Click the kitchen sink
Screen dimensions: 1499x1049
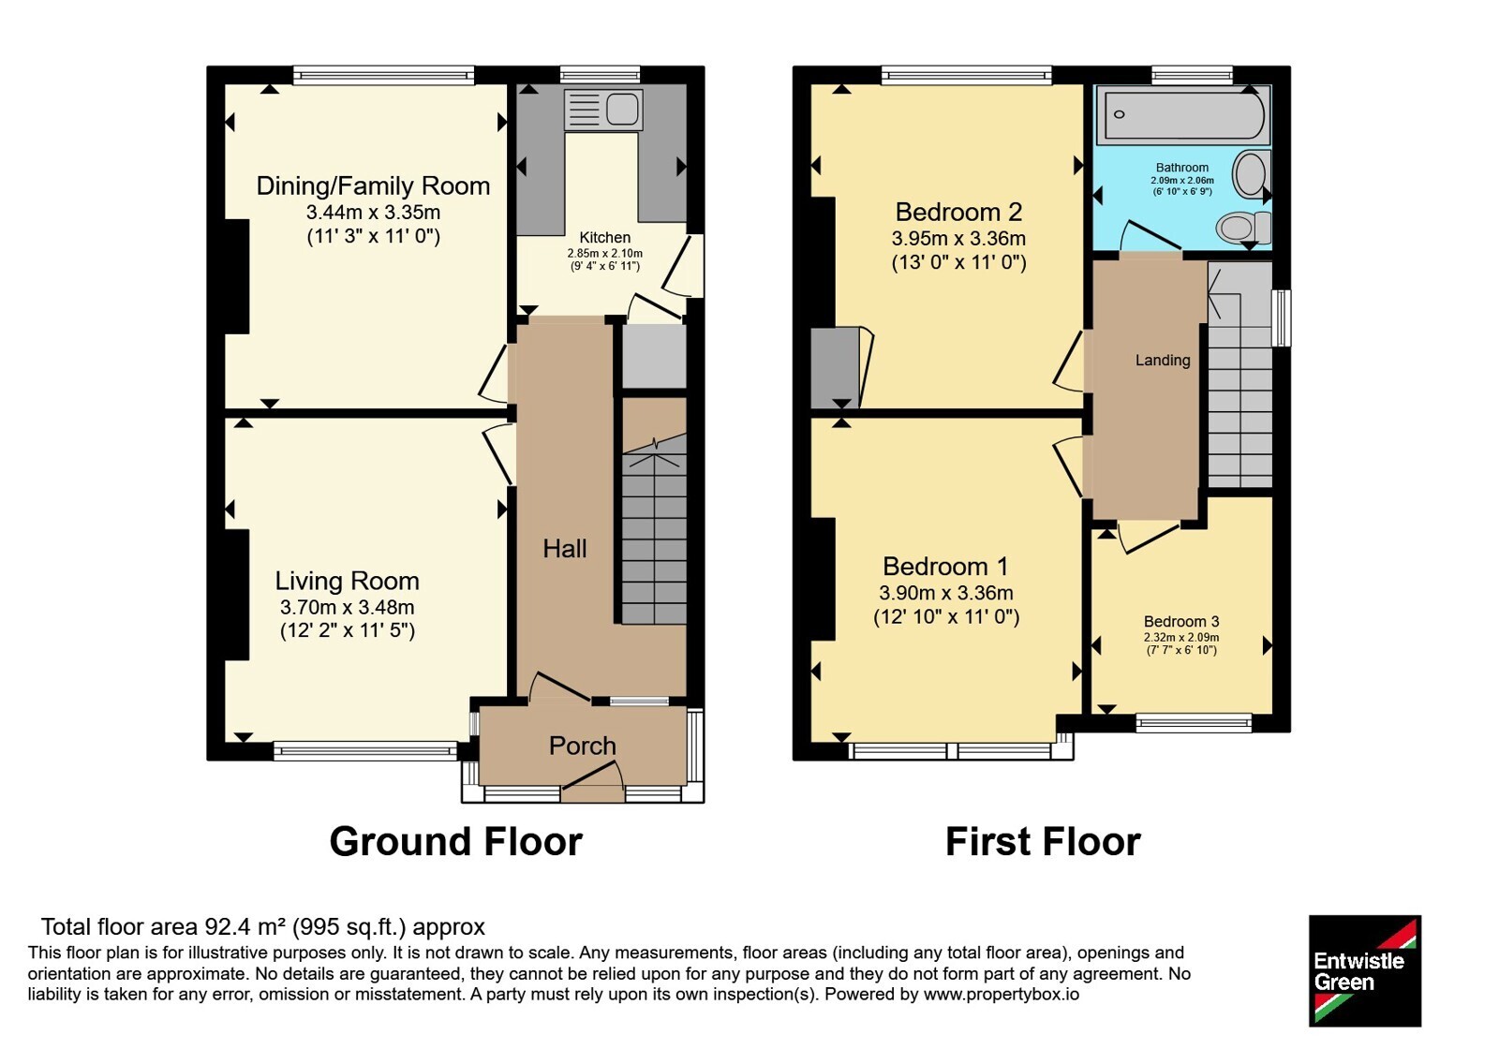point(603,109)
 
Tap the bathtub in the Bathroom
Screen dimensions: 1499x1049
point(1184,114)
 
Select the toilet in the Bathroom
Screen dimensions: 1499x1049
point(1245,229)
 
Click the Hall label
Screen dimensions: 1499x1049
point(565,549)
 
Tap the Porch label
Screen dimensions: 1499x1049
point(582,746)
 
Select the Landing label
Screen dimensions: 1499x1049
point(1163,361)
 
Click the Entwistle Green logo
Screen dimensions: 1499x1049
point(1365,970)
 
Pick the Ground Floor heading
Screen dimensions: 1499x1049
point(455,842)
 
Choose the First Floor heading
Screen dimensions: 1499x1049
point(1043,842)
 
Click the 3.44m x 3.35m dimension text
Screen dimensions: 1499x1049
point(374,213)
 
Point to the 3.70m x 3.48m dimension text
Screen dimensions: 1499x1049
point(348,608)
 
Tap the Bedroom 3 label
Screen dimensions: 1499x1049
point(1181,622)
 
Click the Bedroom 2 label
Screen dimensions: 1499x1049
point(959,212)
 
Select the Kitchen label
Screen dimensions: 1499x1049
point(605,238)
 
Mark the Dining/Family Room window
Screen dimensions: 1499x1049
point(383,75)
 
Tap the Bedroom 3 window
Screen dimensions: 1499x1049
point(1194,722)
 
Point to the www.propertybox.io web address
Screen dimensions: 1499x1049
point(1002,994)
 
